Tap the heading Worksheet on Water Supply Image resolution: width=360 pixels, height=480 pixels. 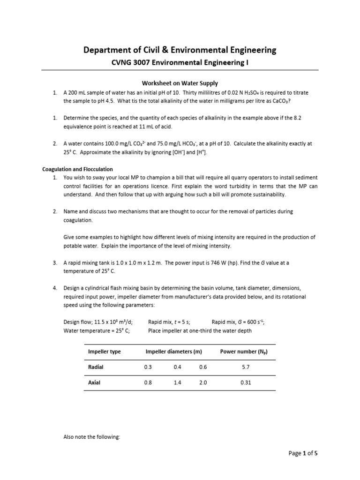180,83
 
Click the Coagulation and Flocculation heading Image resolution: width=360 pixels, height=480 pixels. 78,169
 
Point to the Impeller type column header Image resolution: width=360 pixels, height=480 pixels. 105,352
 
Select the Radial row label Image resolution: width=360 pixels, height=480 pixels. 96,367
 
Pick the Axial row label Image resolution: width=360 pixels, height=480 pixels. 94,382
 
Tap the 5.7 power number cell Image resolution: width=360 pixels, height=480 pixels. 246,367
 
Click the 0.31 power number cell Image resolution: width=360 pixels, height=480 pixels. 246,382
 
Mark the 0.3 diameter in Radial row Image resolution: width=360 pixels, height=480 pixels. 149,367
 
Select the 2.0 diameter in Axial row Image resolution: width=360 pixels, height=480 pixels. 202,382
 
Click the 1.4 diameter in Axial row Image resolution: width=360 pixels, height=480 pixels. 177,382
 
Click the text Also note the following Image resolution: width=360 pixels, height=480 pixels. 92,436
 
